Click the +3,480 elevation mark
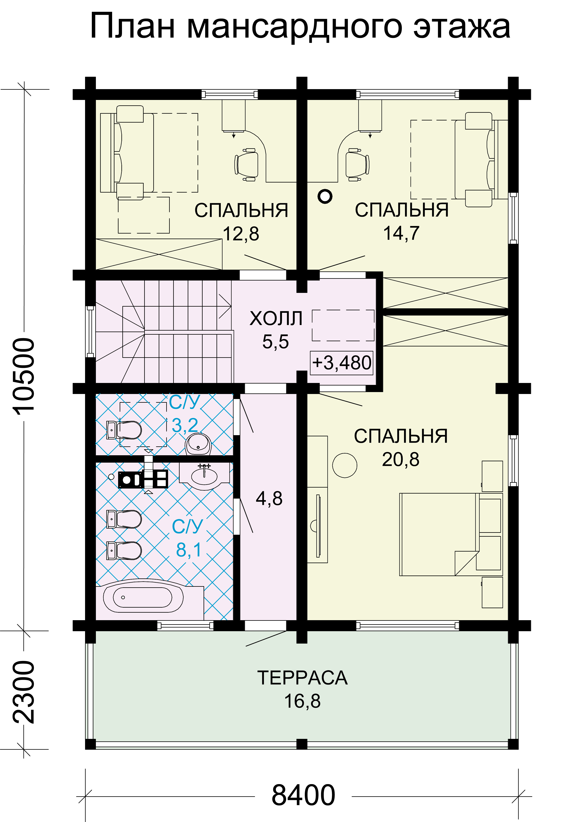click(342, 363)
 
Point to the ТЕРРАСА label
click(302, 678)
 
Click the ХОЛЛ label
click(276, 318)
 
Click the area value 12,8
click(241, 234)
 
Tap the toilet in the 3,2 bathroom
click(124, 430)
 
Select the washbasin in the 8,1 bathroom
click(204, 477)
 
